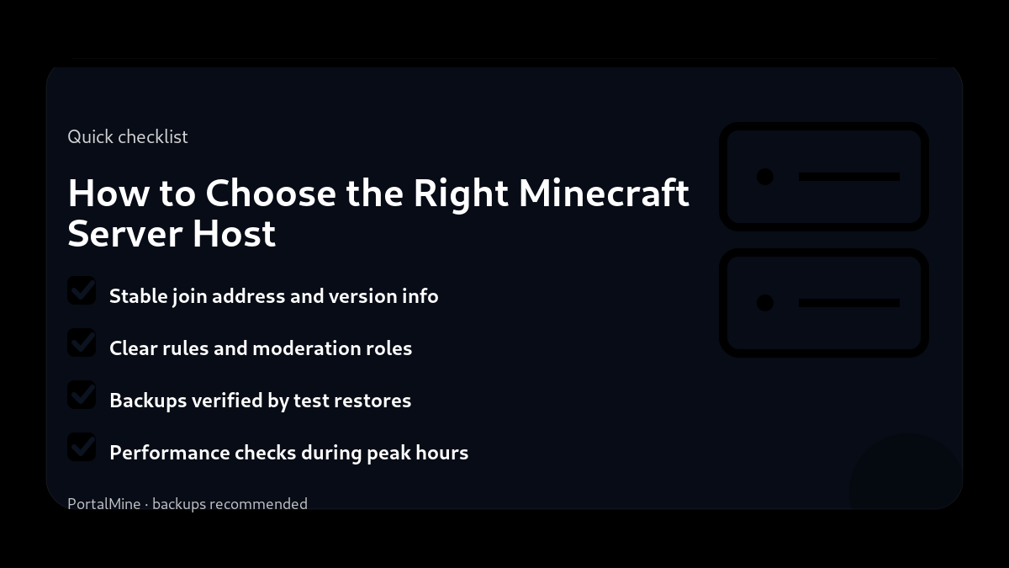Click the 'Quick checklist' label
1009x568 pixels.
(x=128, y=136)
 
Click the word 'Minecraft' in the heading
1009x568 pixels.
(x=604, y=193)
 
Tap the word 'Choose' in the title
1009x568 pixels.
(x=271, y=193)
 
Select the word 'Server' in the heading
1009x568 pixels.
(x=124, y=232)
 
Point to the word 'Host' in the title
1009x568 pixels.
(x=234, y=232)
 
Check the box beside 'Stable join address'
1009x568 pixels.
(x=82, y=291)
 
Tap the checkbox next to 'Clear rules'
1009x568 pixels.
(x=82, y=343)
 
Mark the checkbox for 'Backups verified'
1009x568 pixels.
(x=82, y=395)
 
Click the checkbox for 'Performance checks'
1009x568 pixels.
(x=82, y=448)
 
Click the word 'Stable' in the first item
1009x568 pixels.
(x=138, y=296)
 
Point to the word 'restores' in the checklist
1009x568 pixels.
(x=372, y=401)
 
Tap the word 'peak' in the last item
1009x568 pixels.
(x=388, y=453)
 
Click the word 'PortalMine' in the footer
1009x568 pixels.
(x=104, y=504)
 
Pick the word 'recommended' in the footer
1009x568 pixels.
(x=258, y=504)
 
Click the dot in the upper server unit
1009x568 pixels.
(x=765, y=177)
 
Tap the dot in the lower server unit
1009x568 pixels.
(x=765, y=303)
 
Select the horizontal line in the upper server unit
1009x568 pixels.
(x=849, y=177)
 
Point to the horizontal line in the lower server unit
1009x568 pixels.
(x=849, y=303)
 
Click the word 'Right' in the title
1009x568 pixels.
(x=461, y=193)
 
